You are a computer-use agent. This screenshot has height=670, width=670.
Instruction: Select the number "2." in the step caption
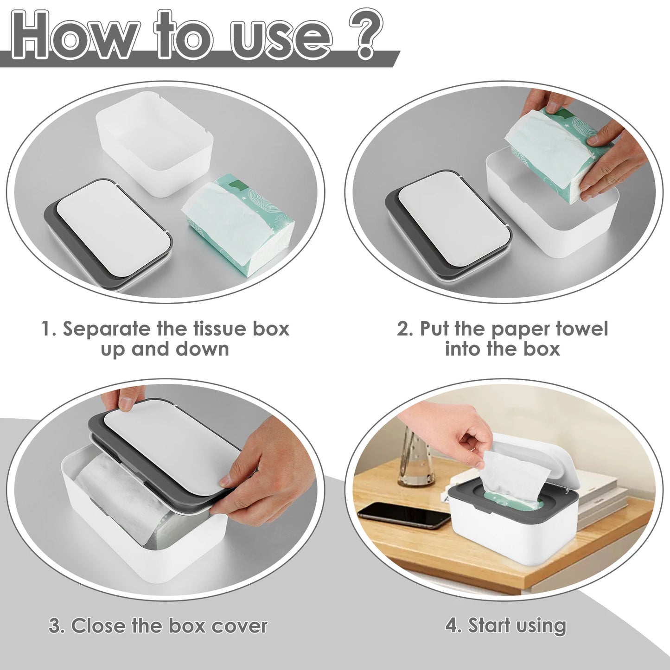coord(405,329)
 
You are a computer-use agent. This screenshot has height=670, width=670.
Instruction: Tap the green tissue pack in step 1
coord(239,223)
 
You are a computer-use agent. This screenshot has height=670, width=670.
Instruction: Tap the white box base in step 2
coord(547,223)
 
